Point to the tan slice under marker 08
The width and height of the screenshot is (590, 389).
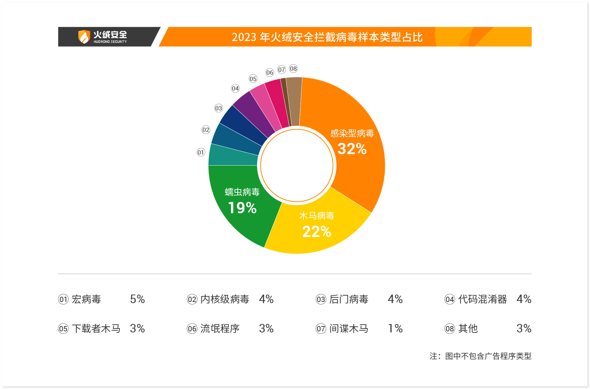294,101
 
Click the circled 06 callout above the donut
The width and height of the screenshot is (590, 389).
270,72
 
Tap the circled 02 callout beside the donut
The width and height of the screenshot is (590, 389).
206,130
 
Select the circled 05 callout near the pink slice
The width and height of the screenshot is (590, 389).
253,79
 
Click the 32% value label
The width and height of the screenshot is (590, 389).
352,149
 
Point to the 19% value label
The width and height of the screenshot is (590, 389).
242,208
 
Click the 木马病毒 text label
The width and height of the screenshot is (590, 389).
317,216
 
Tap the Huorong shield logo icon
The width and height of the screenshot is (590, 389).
84,37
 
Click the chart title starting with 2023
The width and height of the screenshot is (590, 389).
327,37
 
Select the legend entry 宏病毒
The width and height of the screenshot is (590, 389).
86,300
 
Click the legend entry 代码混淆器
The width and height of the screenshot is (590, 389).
482,300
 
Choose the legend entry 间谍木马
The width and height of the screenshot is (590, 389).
349,329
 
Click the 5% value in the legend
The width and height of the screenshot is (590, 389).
138,300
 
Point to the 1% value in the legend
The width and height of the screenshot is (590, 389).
395,329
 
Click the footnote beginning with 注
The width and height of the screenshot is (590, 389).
480,356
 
